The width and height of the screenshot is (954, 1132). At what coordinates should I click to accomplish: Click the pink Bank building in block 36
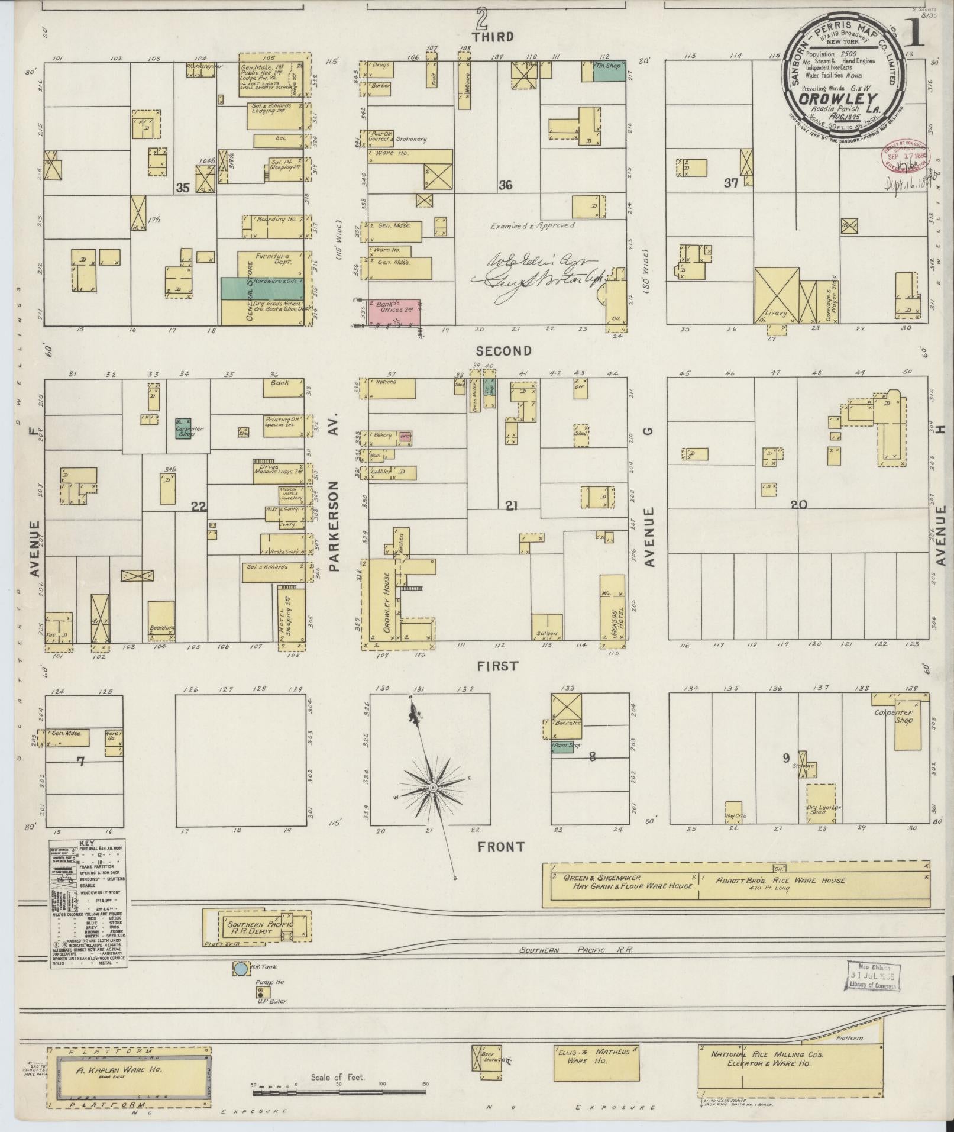[393, 311]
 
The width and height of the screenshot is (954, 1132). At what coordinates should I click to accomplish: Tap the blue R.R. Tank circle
[241, 969]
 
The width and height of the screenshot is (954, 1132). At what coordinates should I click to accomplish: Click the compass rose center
[433, 788]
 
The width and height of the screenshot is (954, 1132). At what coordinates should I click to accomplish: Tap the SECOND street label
[506, 351]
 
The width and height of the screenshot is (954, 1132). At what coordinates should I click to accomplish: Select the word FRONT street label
[502, 847]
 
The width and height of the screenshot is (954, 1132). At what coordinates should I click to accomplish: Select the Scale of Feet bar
[338, 1088]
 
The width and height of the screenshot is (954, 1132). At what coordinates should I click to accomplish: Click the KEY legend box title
[86, 844]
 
